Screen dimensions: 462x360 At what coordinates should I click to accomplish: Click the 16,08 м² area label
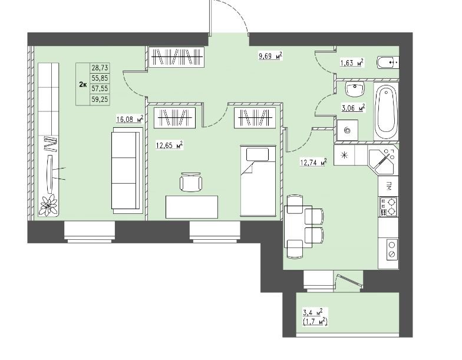point(130,119)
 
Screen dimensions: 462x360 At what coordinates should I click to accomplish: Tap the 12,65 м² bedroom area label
point(170,145)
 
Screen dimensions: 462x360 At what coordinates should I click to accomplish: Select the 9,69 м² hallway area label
point(270,55)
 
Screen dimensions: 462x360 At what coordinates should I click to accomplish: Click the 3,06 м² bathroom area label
point(354,108)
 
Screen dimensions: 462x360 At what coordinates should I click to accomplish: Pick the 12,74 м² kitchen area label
point(313,161)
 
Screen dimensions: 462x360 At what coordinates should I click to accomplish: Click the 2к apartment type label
point(82,85)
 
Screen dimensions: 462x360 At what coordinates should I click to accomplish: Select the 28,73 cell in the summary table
point(100,68)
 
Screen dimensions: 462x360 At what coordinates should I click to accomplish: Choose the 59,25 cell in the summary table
point(100,100)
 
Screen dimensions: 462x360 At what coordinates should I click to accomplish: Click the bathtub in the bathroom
point(387,111)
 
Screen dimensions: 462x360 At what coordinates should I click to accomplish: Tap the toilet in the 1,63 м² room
point(388,62)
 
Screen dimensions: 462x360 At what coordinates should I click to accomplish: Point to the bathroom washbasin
point(355,89)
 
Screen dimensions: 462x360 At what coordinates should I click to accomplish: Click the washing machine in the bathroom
point(348,130)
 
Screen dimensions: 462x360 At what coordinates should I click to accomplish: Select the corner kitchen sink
point(382,162)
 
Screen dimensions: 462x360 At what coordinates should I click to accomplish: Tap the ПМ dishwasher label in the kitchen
point(388,186)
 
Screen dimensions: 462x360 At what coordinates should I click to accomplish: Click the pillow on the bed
point(258,154)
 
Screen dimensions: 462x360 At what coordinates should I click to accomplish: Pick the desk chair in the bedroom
point(191,181)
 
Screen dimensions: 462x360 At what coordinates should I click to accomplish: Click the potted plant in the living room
point(49,204)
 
